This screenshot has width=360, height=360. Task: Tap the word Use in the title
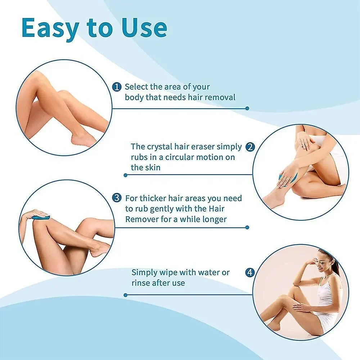(144, 28)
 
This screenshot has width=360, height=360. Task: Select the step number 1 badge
(117, 87)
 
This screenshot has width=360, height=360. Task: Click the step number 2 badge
(250, 147)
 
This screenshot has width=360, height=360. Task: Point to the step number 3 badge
(117, 198)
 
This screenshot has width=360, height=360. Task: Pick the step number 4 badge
(250, 273)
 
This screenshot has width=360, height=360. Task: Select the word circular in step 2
(181, 157)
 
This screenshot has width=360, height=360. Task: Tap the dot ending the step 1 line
(247, 108)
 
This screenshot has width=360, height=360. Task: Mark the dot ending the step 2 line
(125, 175)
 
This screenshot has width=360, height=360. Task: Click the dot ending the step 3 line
(247, 227)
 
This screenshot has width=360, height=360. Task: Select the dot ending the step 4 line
(125, 295)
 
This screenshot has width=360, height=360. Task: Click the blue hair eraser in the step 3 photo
(41, 217)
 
